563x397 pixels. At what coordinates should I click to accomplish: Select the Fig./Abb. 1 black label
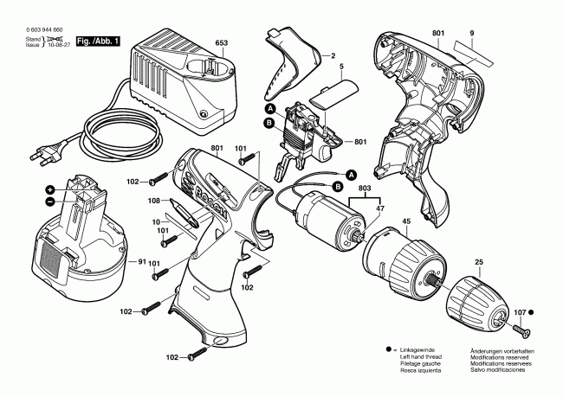(100, 42)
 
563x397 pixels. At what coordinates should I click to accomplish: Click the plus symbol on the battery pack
(50, 189)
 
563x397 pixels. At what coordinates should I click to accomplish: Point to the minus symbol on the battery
(50, 203)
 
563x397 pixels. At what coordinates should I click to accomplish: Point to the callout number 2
(330, 54)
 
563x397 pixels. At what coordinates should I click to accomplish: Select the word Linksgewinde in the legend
(423, 350)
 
